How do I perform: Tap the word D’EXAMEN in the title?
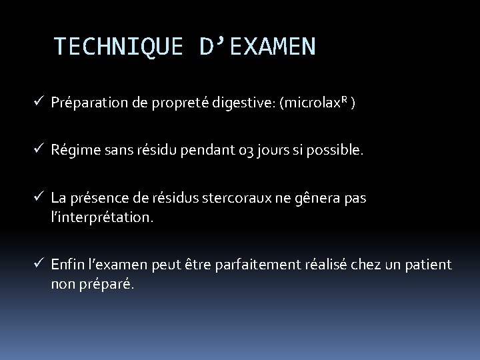(x=257, y=47)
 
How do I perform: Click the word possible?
(x=340, y=151)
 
